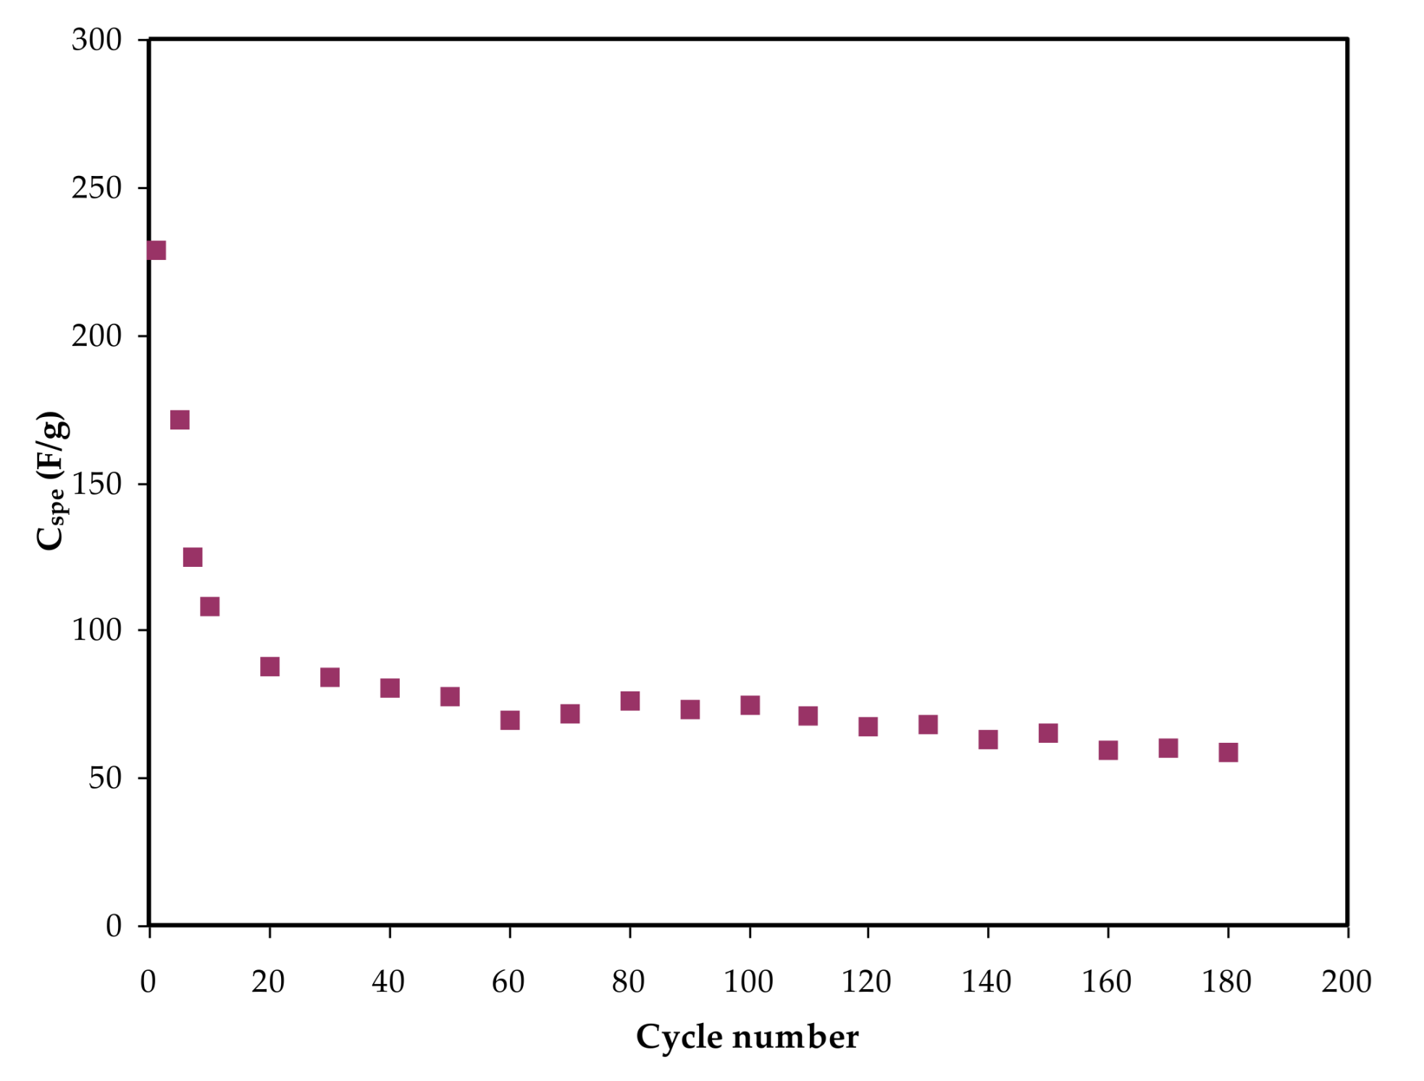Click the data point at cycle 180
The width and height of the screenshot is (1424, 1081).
tap(1228, 752)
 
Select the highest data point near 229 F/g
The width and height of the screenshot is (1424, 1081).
tap(156, 251)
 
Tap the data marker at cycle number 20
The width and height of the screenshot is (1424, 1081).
tap(269, 667)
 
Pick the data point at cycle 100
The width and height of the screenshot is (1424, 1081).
tap(750, 705)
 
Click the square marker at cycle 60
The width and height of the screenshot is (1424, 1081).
tap(510, 720)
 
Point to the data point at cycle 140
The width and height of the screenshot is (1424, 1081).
tap(988, 739)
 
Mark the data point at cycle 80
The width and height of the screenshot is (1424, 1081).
tap(630, 701)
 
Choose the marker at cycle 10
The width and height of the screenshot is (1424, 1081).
tap(210, 607)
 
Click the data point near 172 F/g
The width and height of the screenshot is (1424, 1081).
tap(180, 420)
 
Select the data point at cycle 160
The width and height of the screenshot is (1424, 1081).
tap(1108, 750)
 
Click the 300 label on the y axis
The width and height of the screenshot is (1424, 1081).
tap(96, 40)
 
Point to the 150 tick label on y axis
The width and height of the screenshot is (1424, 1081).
tap(96, 484)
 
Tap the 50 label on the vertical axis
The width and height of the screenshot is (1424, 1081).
tap(105, 778)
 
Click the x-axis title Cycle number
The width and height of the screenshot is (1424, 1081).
tap(747, 1037)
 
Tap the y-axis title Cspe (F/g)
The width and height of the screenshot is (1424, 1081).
tap(52, 481)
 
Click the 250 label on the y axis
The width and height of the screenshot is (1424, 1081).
tap(96, 188)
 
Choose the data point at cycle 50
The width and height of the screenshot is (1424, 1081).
tap(450, 697)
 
